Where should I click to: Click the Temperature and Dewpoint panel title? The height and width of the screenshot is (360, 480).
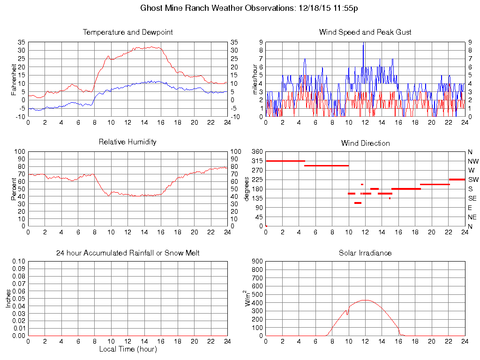pos(127,32)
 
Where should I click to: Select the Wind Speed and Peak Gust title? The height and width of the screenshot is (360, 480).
pos(365,32)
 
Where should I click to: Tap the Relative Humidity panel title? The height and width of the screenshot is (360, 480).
pos(127,142)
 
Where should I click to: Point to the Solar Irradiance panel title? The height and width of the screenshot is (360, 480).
pos(365,253)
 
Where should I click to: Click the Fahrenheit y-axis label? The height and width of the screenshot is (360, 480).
pos(14,79)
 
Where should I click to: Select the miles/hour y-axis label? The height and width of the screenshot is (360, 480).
pos(256,79)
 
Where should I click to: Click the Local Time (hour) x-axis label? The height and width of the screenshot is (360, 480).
pos(127,349)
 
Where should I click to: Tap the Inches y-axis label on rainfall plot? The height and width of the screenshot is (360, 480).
pos(8,299)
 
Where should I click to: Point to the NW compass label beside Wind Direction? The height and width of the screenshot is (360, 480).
pos(473,161)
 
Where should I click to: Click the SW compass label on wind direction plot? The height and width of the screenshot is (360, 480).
pos(473,180)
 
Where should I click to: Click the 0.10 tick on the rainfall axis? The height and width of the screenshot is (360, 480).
pos(18,262)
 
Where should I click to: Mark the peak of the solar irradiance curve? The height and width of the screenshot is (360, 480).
pos(365,300)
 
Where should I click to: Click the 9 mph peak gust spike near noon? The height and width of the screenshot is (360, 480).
pos(363,44)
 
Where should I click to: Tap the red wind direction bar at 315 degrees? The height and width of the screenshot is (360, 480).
pos(285,161)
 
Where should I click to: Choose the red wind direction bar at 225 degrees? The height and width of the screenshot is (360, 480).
pos(457,179)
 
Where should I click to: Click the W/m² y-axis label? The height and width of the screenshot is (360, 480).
pos(248,299)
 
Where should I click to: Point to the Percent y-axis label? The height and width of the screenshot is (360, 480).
pos(14,189)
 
